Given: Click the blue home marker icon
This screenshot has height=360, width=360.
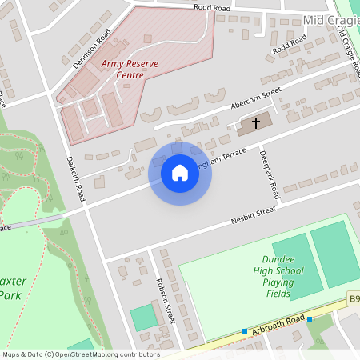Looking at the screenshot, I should [x=180, y=173].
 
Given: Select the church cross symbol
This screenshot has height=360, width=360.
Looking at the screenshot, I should [x=256, y=123].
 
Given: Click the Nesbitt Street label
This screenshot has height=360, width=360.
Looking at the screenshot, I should [x=253, y=214].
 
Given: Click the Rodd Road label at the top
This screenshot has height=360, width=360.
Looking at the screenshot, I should [x=211, y=7].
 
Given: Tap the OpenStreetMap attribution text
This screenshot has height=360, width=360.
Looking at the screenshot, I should [x=80, y=354].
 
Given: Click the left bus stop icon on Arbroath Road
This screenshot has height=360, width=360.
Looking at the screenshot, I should [x=245, y=331].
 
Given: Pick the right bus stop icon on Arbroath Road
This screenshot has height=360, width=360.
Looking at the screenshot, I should [x=309, y=318].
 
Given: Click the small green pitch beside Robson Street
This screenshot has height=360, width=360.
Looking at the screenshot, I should [x=144, y=317].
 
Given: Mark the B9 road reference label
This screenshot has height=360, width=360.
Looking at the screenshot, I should [x=353, y=299].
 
